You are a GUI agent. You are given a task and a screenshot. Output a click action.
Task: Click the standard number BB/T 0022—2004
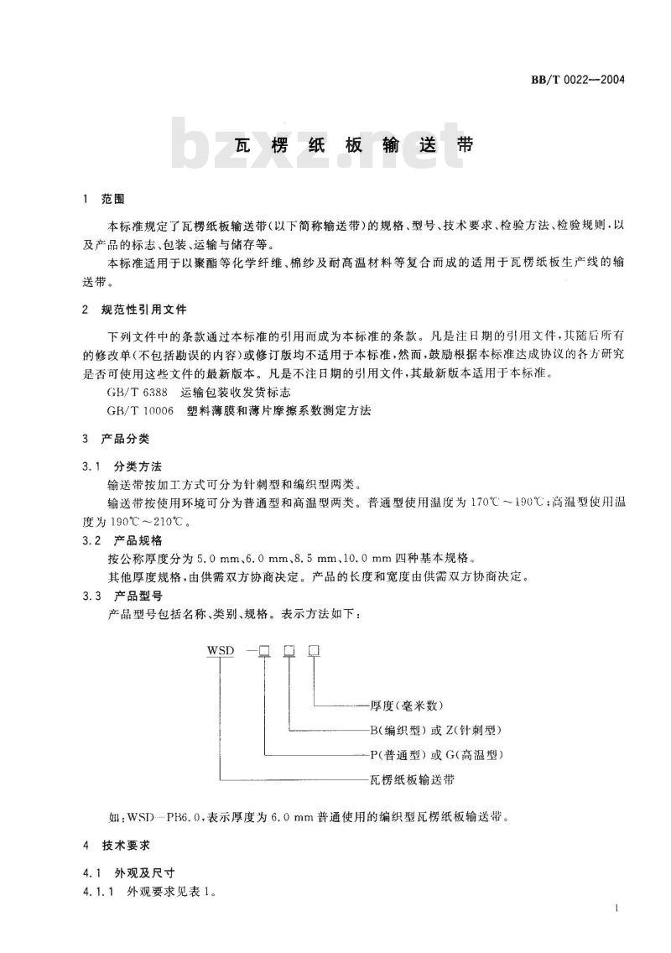579,81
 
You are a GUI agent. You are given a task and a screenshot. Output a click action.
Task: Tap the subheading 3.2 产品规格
123,539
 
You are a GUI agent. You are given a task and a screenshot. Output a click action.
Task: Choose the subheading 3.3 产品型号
123,596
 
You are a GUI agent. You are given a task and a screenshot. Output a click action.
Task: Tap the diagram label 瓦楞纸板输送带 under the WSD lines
405,779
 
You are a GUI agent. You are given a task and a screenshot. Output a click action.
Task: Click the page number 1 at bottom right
616,909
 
